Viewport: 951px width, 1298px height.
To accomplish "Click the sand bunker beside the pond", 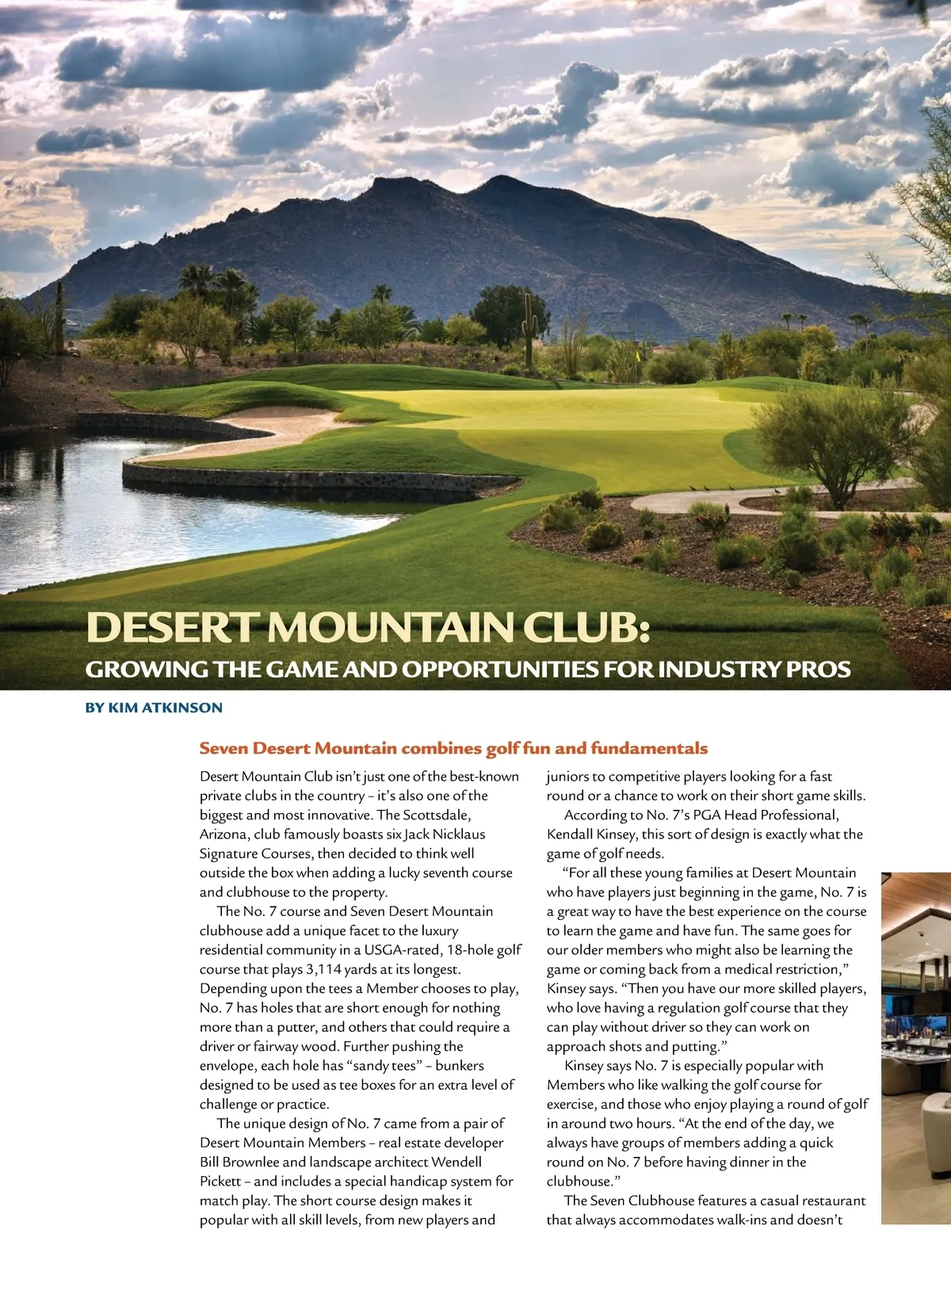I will tap(262, 428).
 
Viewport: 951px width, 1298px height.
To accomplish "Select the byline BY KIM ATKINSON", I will tap(154, 708).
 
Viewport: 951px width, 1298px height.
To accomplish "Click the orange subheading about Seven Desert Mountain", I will tap(453, 748).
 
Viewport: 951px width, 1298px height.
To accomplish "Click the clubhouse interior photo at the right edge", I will tap(916, 1046).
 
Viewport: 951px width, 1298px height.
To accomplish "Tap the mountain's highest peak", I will tap(499, 181).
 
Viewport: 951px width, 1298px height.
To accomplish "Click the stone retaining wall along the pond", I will tap(317, 480).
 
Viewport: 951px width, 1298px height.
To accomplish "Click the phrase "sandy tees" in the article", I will tap(387, 1066).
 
